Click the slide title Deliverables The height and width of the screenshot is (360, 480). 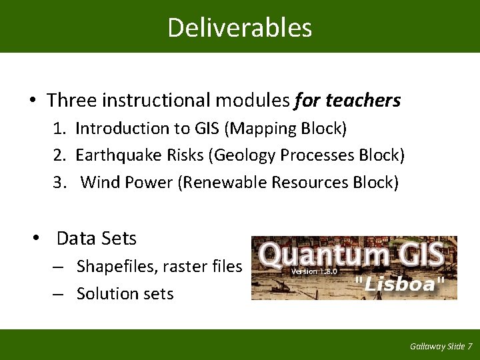click(239, 27)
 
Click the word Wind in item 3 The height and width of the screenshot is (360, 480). click(99, 182)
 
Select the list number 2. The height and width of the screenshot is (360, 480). click(59, 155)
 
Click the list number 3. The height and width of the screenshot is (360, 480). click(59, 182)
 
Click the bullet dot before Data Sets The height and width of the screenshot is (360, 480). click(39, 239)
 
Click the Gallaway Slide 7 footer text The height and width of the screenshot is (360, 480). click(441, 346)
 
